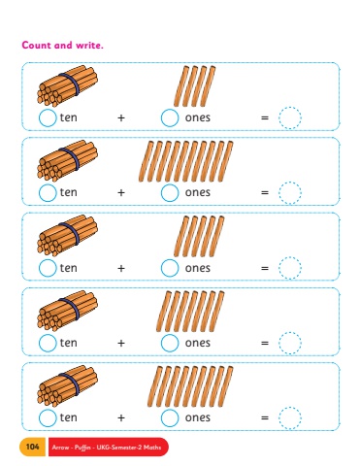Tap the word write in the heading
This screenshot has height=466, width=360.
[x=89, y=45]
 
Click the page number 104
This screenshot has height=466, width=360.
[x=32, y=447]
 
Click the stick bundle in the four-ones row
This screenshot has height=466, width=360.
[x=67, y=86]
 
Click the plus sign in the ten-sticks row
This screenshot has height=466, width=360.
[x=121, y=192]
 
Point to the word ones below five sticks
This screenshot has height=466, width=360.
[x=198, y=268]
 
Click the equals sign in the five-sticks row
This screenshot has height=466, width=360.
[x=265, y=268]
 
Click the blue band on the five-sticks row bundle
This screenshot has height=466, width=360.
[x=74, y=234]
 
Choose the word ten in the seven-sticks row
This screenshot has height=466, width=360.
[x=69, y=343]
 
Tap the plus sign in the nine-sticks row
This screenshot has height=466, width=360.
[x=121, y=417]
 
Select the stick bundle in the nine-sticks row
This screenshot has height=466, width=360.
[x=67, y=385]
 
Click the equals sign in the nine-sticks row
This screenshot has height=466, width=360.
[x=265, y=417]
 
